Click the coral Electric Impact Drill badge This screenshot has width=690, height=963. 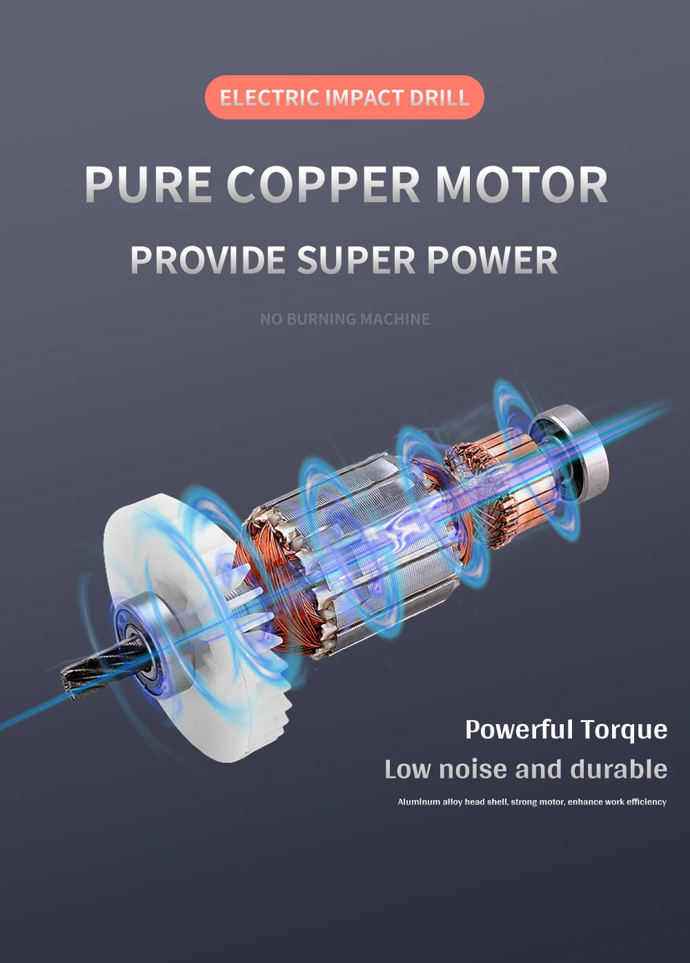point(344,97)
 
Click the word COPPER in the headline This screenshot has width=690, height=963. point(323,185)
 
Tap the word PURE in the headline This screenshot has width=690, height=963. point(148,185)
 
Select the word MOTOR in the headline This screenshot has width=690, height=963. point(522,185)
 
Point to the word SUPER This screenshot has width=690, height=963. point(356,260)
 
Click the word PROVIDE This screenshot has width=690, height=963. point(208,260)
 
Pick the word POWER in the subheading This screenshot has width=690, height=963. point(492,260)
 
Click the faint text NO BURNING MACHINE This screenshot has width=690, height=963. point(344,319)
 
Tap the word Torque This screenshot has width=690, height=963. point(624,730)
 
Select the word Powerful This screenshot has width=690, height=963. point(519,730)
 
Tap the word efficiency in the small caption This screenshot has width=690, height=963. point(647,802)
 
